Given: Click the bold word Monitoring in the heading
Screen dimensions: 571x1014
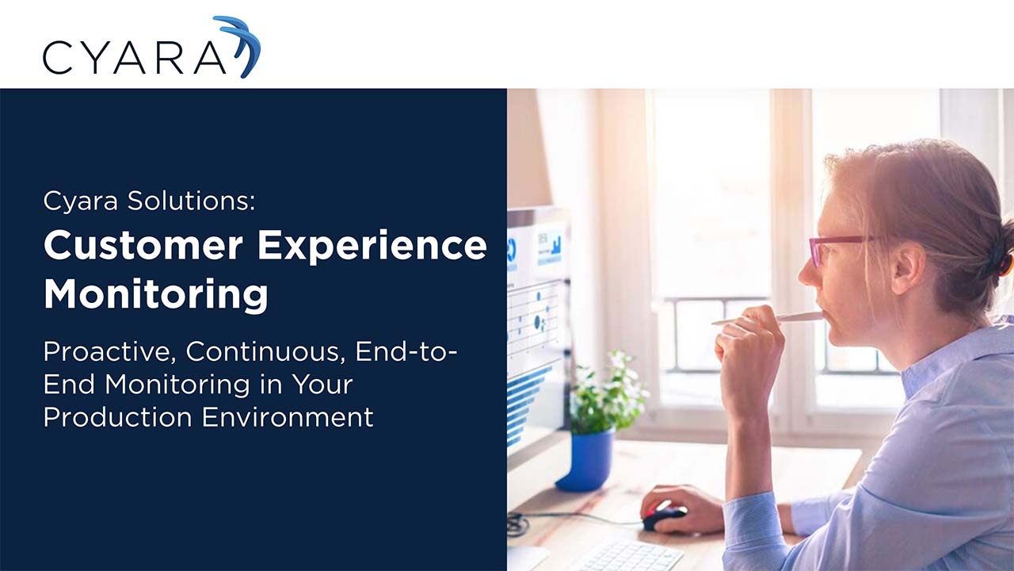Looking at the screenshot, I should [x=155, y=293].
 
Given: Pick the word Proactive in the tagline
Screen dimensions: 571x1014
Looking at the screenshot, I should [x=109, y=351].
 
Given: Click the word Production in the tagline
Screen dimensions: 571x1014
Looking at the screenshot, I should [x=118, y=416].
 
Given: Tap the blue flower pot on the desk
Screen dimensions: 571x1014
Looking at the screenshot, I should [x=586, y=460].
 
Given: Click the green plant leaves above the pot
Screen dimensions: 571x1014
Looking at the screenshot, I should [x=606, y=393].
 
